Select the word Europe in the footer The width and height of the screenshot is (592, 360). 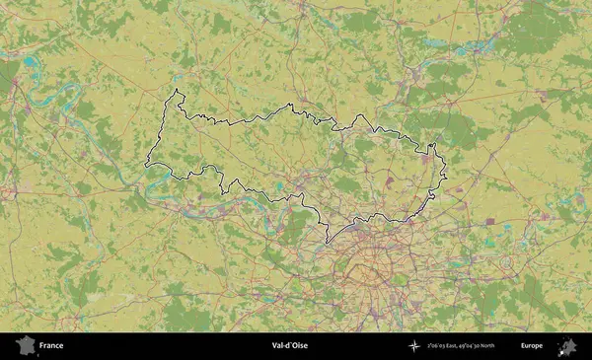point(532,346)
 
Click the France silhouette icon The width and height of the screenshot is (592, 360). point(25,345)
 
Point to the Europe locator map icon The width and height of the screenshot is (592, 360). point(567,345)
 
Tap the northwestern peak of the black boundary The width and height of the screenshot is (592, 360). point(177,91)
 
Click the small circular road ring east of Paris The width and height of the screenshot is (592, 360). point(506,263)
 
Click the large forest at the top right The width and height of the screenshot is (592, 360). point(538,30)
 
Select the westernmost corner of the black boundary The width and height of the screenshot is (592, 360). point(147,165)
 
